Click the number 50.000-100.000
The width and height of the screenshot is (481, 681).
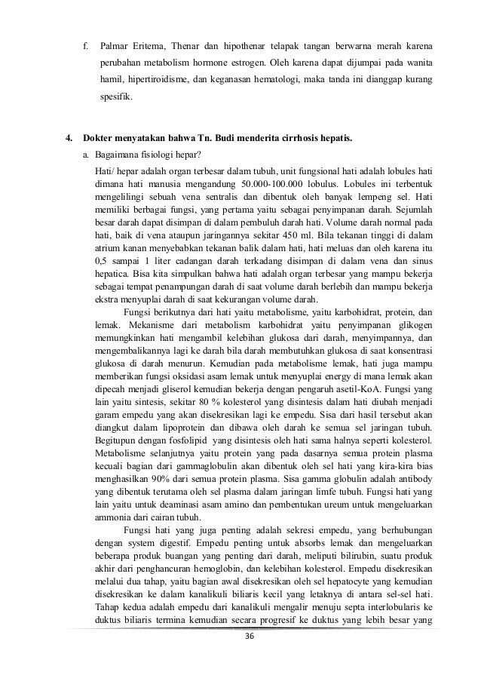coord(272,183)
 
